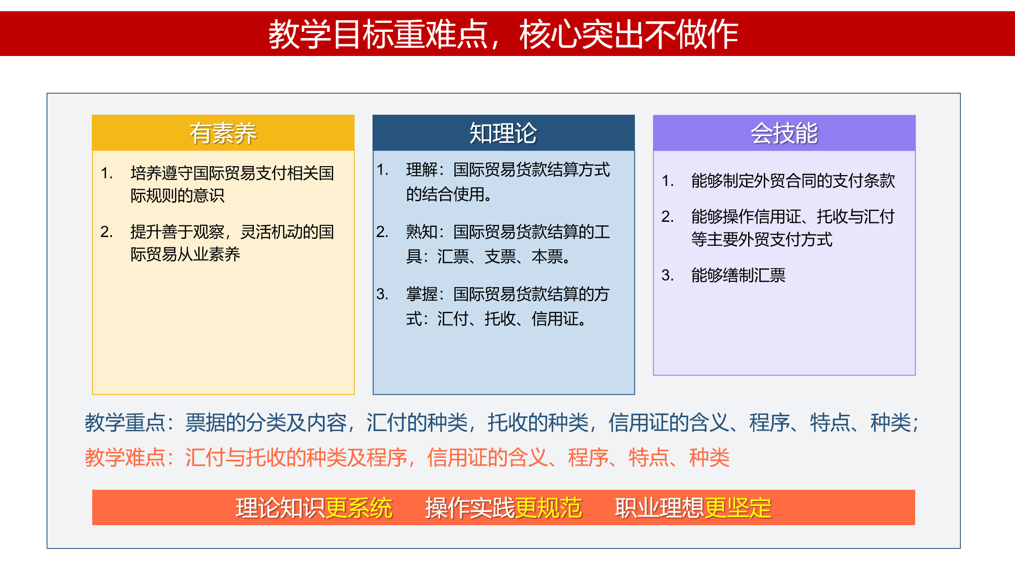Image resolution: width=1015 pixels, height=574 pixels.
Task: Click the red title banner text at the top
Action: click(x=503, y=34)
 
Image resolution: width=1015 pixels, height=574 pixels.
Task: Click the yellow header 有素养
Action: click(x=223, y=133)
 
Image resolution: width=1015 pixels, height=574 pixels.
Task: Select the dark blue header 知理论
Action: click(x=503, y=133)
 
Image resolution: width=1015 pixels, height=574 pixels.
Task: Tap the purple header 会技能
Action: click(x=784, y=133)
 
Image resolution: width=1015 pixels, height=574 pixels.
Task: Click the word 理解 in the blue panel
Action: click(x=422, y=170)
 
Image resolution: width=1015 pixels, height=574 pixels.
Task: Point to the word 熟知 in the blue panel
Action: click(x=422, y=232)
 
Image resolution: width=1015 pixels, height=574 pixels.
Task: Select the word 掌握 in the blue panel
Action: click(x=422, y=294)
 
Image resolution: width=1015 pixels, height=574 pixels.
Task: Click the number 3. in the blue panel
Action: click(x=382, y=294)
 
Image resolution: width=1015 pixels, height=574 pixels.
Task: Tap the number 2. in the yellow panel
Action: click(x=107, y=232)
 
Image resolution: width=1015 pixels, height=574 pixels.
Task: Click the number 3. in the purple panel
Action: click(x=668, y=275)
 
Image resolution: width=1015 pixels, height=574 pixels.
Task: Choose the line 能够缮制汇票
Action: click(x=738, y=275)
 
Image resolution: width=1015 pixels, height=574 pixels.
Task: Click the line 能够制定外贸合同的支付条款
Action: click(x=793, y=181)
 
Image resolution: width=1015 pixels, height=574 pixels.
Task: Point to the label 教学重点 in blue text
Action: click(x=125, y=423)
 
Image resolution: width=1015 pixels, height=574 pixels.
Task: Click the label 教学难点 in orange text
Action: click(x=125, y=457)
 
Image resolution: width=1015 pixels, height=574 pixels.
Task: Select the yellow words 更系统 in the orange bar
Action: click(x=359, y=508)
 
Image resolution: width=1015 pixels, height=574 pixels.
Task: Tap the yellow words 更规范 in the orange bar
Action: click(x=548, y=508)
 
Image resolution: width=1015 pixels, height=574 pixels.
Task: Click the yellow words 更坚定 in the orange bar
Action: click(x=738, y=508)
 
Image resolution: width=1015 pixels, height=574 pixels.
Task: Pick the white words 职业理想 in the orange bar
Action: click(x=660, y=508)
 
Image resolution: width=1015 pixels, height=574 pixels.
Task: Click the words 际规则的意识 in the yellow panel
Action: click(x=177, y=195)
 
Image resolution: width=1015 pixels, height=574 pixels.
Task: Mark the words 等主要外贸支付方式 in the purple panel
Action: click(x=762, y=239)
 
